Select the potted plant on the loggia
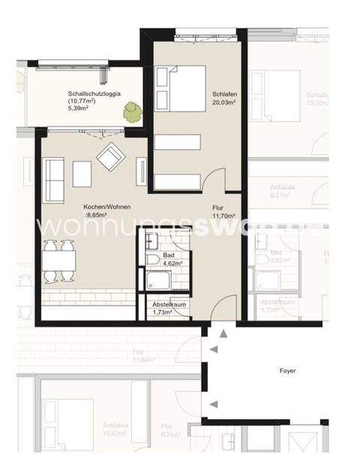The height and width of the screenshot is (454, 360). coord(133,112)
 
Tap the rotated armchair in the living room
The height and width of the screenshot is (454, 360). coord(110,156)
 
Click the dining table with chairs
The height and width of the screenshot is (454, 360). coord(59,261)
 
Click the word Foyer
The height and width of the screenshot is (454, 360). coord(289,370)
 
